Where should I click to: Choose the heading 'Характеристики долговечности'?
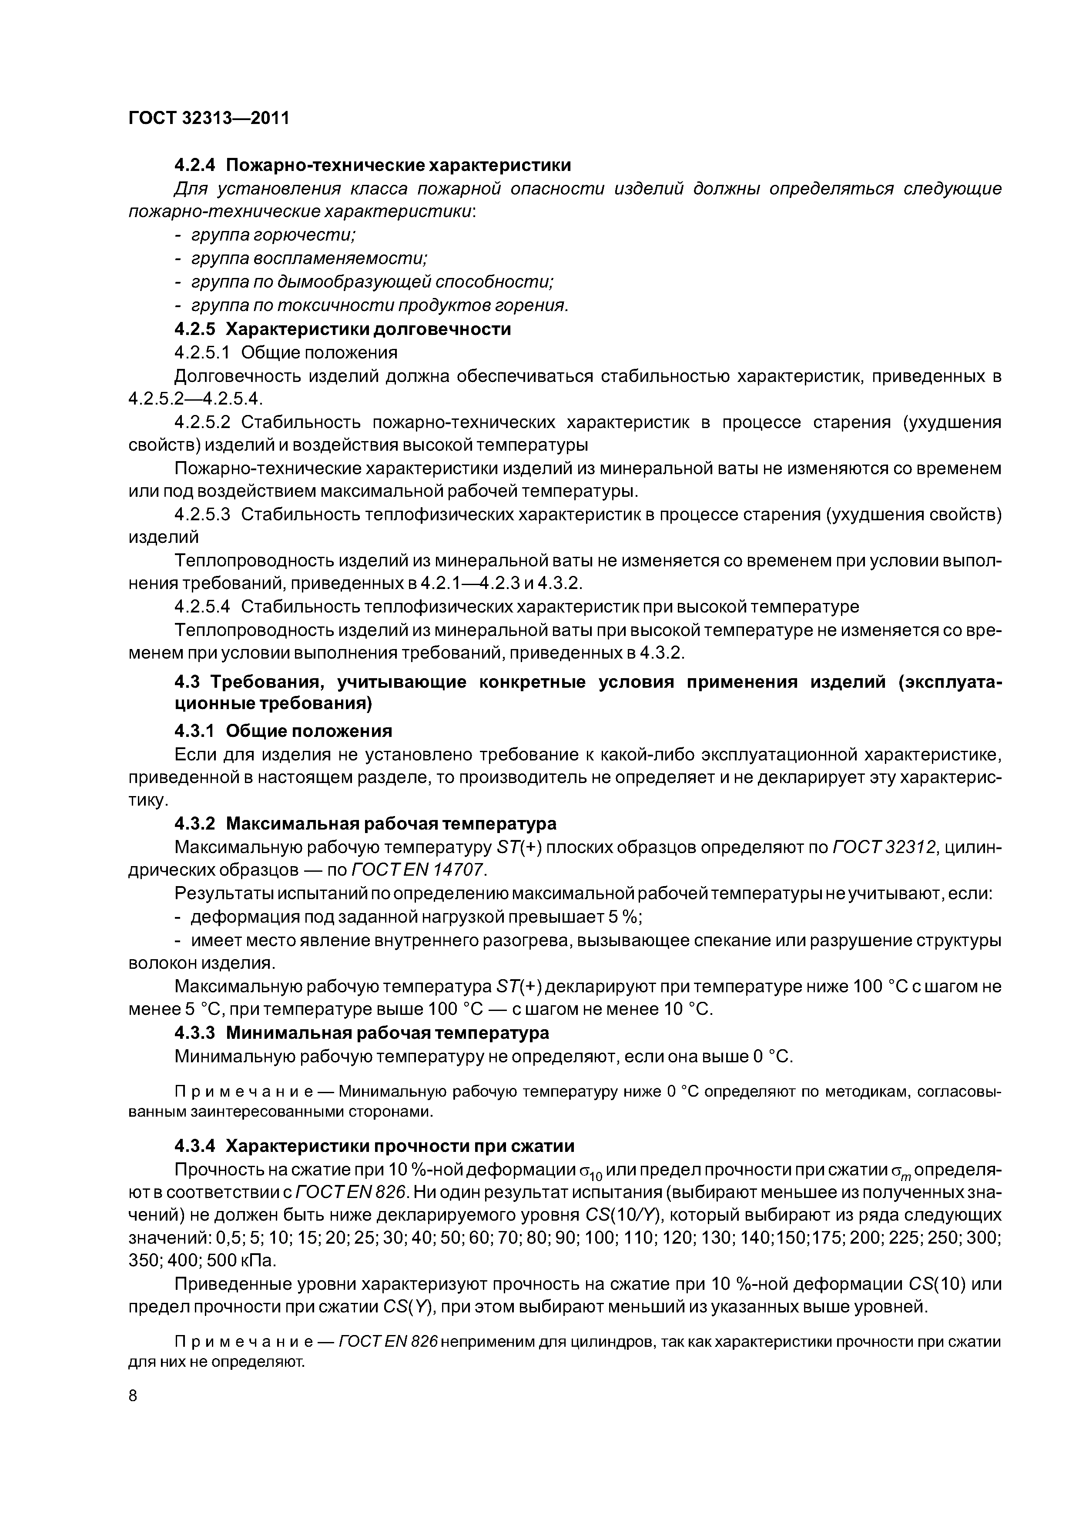coord(369,329)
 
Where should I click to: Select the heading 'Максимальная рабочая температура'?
coord(391,823)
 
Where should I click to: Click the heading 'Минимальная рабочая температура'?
coord(388,1033)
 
